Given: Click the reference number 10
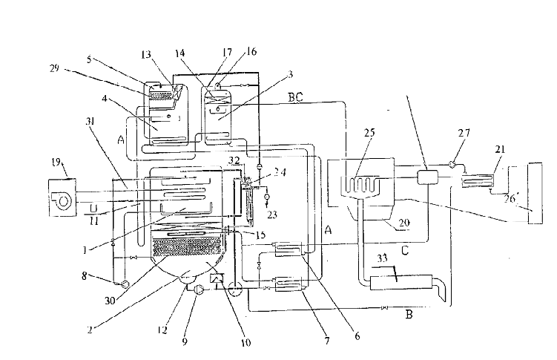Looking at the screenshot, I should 245,342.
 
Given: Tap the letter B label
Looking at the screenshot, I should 408,315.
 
